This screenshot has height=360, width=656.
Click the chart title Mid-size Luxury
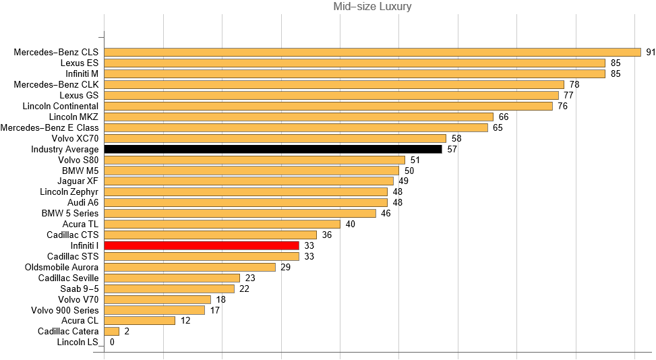372,7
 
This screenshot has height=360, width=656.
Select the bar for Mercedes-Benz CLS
372,52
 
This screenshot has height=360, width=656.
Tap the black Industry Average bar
273,149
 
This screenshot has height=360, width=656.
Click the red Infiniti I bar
202,246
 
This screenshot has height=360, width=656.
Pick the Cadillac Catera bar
112,332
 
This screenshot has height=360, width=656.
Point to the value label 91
651,52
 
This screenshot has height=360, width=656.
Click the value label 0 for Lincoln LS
112,342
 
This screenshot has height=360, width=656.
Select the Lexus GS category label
79,95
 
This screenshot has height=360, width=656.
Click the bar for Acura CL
140,321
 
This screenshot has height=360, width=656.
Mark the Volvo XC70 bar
275,138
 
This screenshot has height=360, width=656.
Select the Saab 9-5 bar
169,289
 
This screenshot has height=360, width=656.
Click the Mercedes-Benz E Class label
50,127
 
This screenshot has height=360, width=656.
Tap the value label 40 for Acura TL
351,224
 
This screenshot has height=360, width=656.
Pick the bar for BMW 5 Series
240,214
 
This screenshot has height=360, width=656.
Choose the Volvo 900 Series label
65,310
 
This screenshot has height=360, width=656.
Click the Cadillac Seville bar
172,278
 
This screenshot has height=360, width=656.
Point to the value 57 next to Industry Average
452,149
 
